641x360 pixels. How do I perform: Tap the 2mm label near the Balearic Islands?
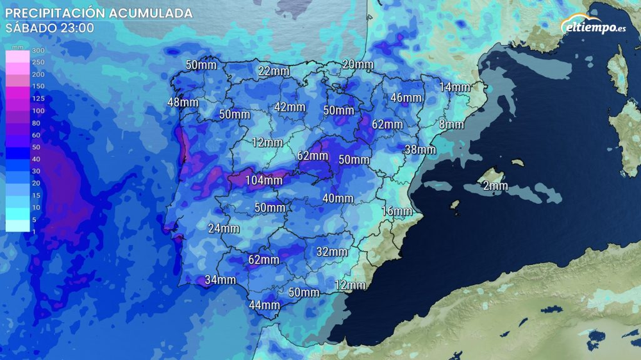click(495, 186)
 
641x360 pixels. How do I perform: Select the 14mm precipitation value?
click(454, 87)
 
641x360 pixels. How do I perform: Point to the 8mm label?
click(451, 124)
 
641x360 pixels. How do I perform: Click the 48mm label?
click(183, 102)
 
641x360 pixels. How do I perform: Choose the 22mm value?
click(274, 71)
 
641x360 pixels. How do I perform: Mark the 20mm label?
click(358, 64)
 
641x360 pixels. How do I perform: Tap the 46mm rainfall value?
click(406, 97)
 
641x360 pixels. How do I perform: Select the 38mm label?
click(420, 149)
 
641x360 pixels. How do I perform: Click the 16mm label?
click(397, 211)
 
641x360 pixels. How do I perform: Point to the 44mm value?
click(264, 305)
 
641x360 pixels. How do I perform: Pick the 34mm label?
click(221, 280)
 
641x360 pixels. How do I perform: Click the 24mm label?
click(224, 228)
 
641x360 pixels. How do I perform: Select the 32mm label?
click(332, 252)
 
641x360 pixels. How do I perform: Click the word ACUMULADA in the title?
click(150, 13)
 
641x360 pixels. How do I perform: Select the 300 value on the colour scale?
click(38, 51)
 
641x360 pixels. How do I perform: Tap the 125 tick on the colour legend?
click(38, 98)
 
